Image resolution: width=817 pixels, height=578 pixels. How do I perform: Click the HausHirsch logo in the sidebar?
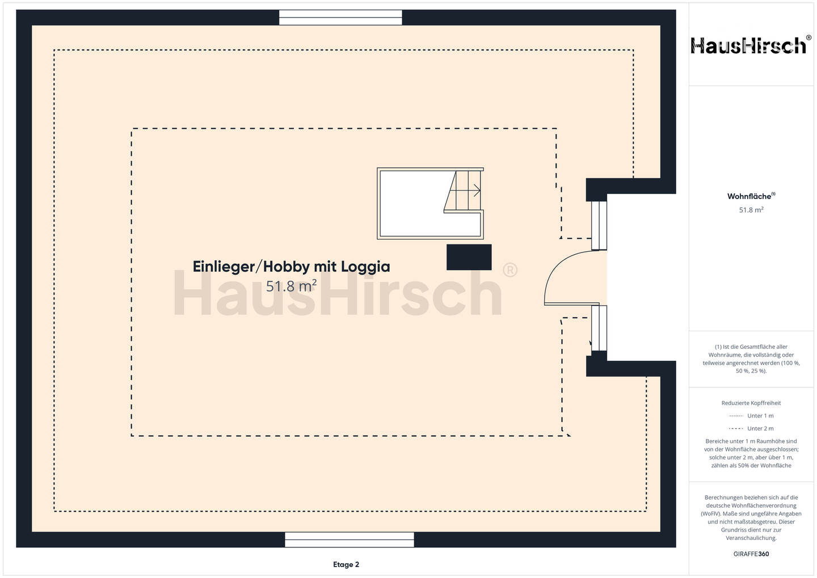tap(751, 45)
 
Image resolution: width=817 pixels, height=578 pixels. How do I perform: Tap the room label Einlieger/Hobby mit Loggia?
tap(291, 267)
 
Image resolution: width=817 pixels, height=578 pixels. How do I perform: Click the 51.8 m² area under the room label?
tap(291, 286)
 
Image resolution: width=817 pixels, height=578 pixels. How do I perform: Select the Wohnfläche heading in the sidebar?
tap(751, 196)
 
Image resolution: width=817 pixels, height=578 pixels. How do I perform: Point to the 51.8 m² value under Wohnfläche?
tap(751, 210)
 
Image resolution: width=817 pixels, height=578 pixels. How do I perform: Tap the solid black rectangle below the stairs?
tap(469, 257)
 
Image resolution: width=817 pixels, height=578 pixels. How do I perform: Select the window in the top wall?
tap(340, 18)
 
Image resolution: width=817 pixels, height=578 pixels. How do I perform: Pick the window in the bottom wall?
tap(349, 539)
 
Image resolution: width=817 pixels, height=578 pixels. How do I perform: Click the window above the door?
tap(599, 225)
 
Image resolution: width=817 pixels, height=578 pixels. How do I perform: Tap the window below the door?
tap(599, 328)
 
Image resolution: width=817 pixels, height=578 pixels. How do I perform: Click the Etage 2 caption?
tap(346, 564)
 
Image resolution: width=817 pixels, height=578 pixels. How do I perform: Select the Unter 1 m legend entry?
tap(751, 416)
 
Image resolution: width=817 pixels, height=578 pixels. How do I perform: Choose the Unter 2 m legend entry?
tap(751, 428)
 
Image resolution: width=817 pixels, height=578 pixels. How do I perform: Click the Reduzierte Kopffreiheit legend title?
tap(751, 403)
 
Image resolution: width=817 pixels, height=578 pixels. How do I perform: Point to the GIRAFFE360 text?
tap(751, 554)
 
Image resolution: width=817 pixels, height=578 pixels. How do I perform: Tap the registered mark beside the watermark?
tap(510, 270)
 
